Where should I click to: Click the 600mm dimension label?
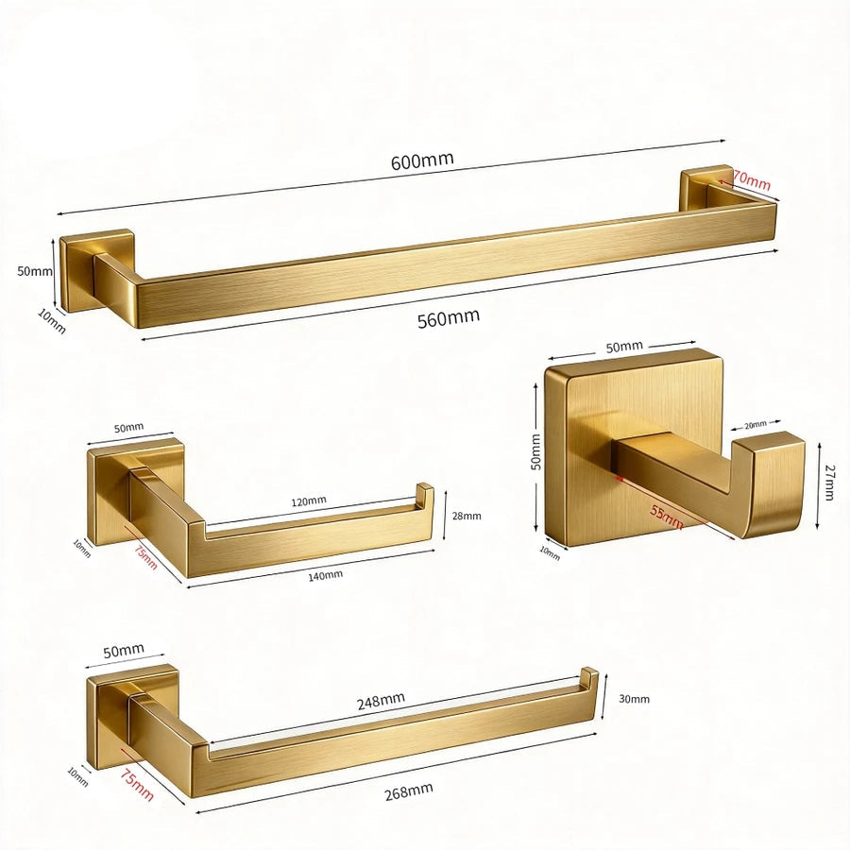(x=422, y=161)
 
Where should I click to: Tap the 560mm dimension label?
(x=449, y=318)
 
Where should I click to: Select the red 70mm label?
(x=752, y=180)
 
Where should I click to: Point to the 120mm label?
(x=309, y=501)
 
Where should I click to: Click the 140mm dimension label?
(x=325, y=575)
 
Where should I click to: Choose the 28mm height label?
(x=467, y=516)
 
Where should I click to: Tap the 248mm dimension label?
(x=381, y=701)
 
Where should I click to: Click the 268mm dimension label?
(x=409, y=791)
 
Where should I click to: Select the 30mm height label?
(x=634, y=699)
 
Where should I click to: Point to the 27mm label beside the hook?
(x=827, y=482)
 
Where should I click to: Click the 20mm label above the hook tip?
(x=756, y=425)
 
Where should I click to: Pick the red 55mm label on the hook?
(x=666, y=515)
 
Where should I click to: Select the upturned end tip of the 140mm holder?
(x=424, y=490)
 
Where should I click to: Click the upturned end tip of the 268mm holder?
(x=589, y=676)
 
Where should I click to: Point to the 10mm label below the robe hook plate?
(x=550, y=552)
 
